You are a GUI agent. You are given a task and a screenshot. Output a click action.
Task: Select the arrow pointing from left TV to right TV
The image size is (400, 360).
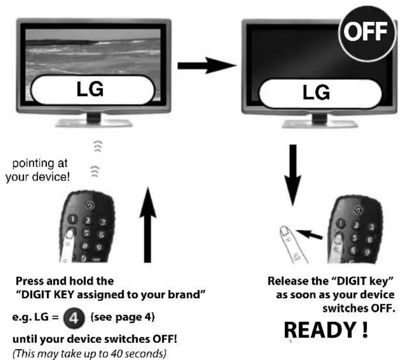point(207,66)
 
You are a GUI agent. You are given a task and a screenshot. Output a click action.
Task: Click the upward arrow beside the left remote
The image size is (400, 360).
point(148,225)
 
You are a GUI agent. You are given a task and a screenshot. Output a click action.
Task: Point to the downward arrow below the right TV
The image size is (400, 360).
point(293,175)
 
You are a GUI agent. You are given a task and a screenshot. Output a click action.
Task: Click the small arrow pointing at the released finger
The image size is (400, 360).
point(310,234)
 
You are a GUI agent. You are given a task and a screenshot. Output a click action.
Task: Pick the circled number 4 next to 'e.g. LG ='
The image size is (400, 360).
point(74,318)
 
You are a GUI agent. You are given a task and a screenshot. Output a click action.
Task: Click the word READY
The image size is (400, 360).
point(320,330)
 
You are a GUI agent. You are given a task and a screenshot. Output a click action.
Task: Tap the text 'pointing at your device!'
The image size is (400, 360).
point(38,170)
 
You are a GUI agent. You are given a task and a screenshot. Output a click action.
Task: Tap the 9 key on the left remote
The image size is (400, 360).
point(99,247)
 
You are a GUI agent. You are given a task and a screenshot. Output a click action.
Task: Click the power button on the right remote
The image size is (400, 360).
point(359,210)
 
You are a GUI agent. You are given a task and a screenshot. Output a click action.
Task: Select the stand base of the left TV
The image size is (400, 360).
point(94,123)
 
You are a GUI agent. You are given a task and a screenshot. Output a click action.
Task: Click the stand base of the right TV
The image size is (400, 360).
point(320,124)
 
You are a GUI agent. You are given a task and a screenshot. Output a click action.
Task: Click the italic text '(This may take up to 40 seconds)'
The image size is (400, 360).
point(90,354)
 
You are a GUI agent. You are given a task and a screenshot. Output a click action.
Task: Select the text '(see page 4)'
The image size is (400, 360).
point(123,318)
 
